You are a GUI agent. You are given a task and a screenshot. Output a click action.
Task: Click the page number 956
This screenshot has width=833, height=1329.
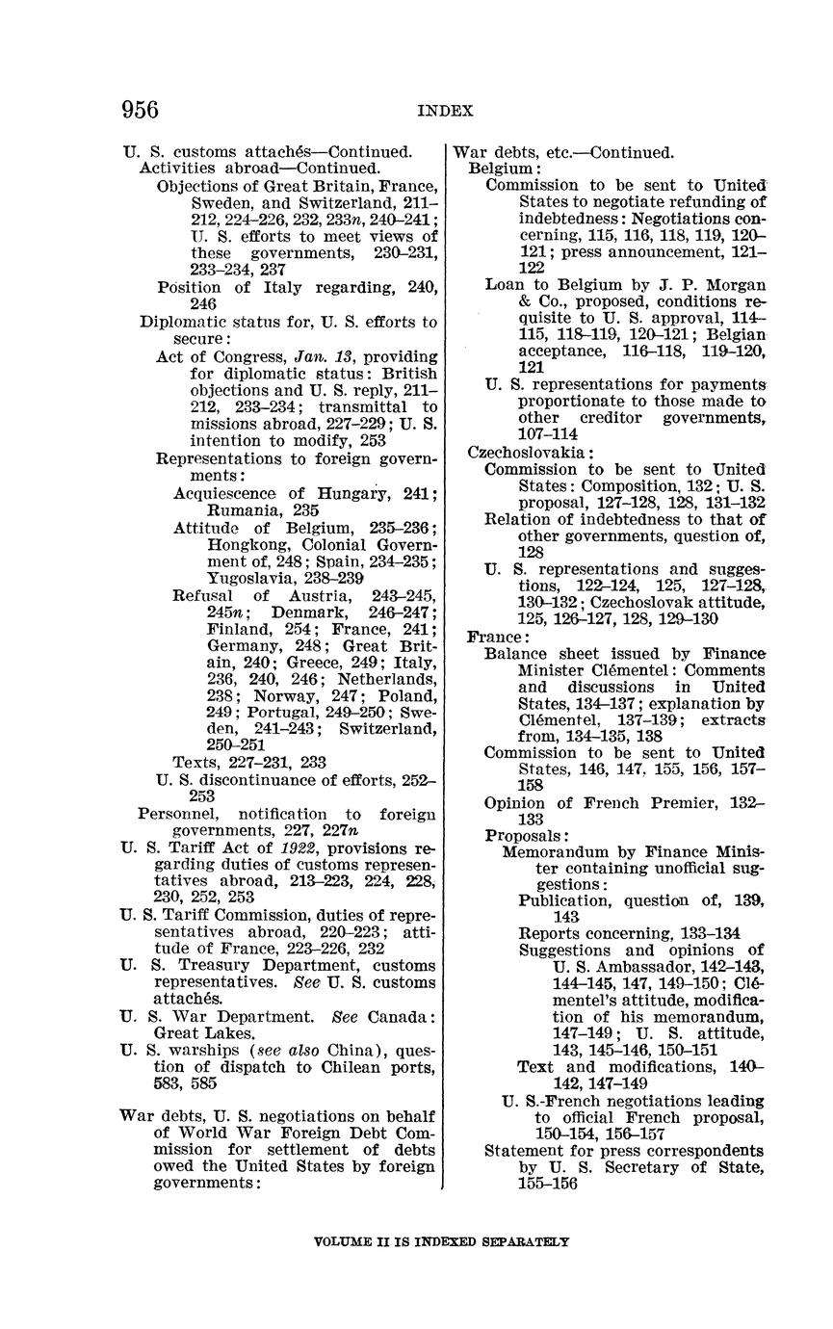pyautogui.click(x=140, y=110)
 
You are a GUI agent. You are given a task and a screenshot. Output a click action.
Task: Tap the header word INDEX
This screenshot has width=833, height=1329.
pyautogui.click(x=445, y=111)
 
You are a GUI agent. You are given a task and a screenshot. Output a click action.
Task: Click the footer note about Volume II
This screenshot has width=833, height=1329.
pyautogui.click(x=442, y=1241)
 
